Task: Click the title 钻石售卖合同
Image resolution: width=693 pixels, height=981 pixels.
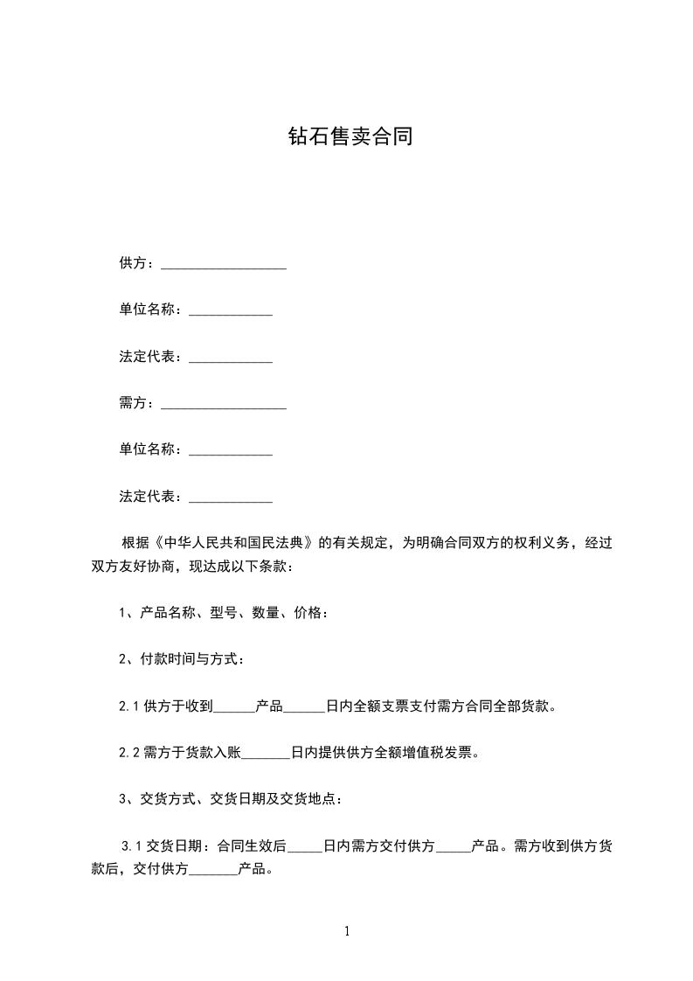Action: (350, 137)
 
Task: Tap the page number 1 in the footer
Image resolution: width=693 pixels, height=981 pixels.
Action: (347, 931)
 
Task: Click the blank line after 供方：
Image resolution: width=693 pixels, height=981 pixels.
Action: (224, 264)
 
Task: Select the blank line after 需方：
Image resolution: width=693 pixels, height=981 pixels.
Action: (224, 404)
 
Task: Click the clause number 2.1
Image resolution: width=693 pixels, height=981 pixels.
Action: (128, 706)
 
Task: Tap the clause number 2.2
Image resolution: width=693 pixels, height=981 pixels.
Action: (128, 753)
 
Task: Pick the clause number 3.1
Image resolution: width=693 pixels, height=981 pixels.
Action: (131, 846)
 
